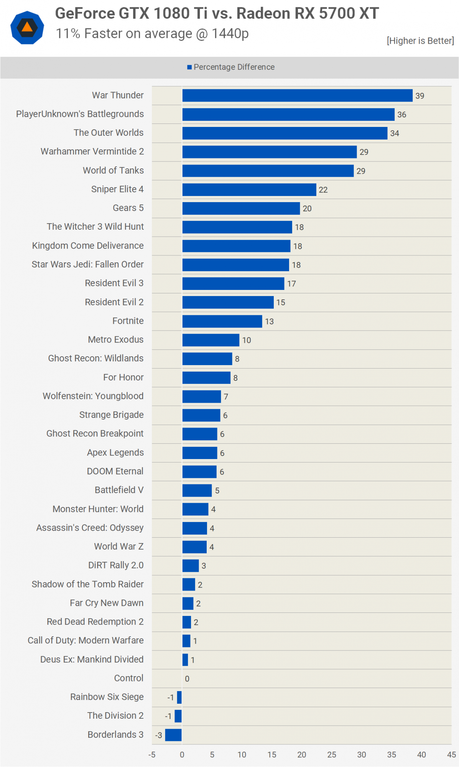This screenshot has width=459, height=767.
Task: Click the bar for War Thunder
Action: tap(297, 95)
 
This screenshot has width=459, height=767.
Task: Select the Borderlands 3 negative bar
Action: tap(173, 735)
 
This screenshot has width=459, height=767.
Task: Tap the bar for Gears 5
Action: tap(241, 208)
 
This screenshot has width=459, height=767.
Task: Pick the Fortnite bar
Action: tap(222, 321)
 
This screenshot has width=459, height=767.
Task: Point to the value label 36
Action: tap(401, 115)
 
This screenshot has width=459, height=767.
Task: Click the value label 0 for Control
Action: tap(187, 679)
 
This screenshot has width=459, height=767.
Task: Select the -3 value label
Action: tap(158, 735)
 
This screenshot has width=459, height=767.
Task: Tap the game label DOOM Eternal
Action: tap(115, 471)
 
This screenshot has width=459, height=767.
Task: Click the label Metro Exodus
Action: tap(115, 340)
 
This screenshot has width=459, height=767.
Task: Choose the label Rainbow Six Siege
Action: tap(107, 697)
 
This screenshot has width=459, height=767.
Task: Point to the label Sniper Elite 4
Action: tap(117, 189)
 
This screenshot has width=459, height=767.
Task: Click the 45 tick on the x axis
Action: tap(451, 755)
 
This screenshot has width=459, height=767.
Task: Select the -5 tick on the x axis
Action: tap(152, 755)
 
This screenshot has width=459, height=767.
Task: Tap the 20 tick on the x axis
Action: tap(302, 755)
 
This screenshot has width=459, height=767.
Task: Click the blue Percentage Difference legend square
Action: tap(189, 67)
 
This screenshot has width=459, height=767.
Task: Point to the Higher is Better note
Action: tap(420, 41)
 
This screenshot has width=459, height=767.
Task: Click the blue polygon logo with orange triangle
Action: tap(27, 28)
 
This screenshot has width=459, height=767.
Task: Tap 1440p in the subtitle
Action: tap(230, 34)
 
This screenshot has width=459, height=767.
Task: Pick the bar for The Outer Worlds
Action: tap(285, 133)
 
